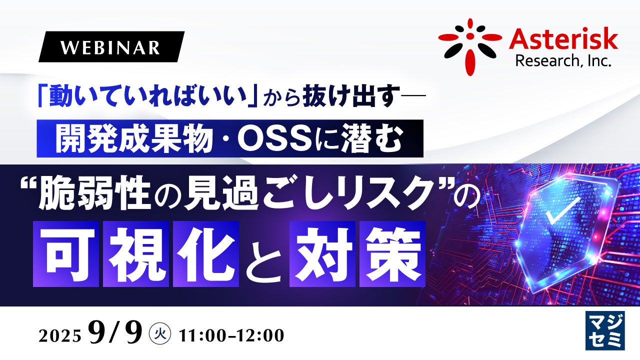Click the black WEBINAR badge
111,47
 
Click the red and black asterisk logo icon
470,46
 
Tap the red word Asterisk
563,40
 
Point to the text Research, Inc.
563,61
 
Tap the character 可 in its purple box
66,253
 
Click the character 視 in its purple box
136,253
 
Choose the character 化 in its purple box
206,253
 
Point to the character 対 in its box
322,253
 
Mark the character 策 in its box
392,253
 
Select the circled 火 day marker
160,333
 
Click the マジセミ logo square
605,330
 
